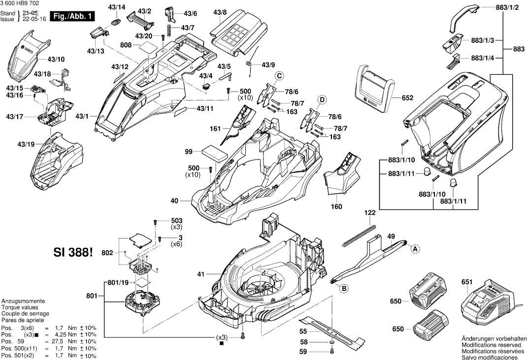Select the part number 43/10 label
[56, 60]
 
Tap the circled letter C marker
[279, 75]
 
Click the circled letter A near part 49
[415, 249]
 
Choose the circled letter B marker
[344, 288]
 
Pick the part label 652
[407, 98]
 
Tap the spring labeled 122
[359, 234]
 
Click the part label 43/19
[26, 144]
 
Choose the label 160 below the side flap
[336, 207]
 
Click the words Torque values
[19, 307]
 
